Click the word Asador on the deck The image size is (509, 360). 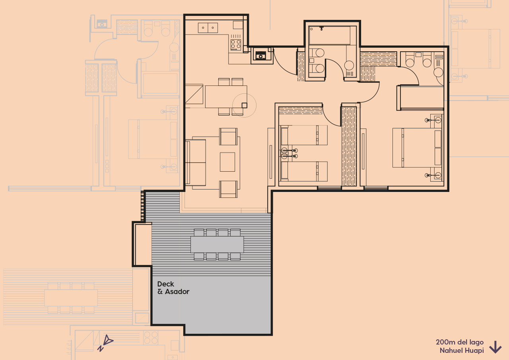[177, 292]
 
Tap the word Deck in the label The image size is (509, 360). [166, 284]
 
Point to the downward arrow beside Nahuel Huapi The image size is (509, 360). [495, 347]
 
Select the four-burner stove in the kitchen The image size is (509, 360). [236, 44]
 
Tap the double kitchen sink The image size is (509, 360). [208, 28]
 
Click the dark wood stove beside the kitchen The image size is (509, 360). [261, 55]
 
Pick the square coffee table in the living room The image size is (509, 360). [227, 162]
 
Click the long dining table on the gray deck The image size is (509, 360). [217, 244]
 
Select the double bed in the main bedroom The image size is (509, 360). [417, 147]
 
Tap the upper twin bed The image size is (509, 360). [304, 135]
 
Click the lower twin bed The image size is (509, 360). [304, 171]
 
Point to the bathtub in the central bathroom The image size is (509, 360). [330, 35]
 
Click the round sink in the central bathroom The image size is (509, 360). [349, 66]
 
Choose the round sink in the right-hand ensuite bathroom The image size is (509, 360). [438, 72]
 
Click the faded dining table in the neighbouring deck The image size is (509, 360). [71, 298]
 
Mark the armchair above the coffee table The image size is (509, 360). [228, 136]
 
